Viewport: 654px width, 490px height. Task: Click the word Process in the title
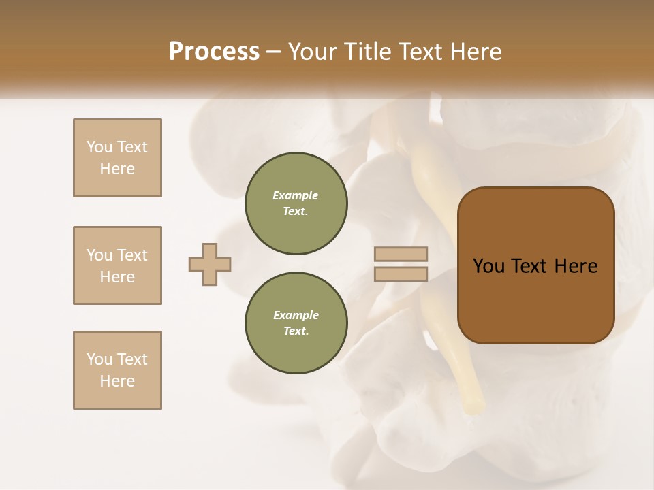tap(214, 52)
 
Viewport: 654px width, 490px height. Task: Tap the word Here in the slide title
tap(475, 52)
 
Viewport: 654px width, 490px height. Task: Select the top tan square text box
tap(117, 158)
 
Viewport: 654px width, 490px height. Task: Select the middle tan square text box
tap(117, 265)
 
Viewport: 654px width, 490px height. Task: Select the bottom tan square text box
tap(117, 370)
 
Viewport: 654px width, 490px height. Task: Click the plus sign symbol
tap(210, 264)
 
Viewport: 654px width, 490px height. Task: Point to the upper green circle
tap(296, 203)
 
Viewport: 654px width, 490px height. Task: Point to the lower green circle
tap(296, 323)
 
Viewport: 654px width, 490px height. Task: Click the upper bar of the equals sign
tap(401, 254)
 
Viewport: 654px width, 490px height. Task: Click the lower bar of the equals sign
tap(401, 274)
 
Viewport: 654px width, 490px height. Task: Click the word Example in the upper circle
tap(296, 195)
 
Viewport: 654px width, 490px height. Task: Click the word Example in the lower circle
tap(296, 315)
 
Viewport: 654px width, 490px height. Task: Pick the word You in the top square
tap(99, 147)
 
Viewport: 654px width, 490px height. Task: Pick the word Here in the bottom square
tap(117, 381)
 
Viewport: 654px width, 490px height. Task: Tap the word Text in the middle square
tap(131, 255)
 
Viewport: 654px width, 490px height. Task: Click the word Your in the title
tap(314, 52)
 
